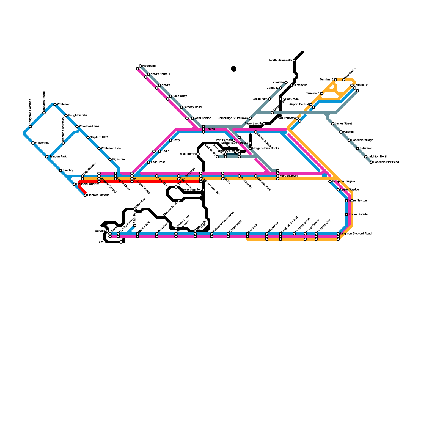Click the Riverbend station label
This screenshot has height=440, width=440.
[149, 66]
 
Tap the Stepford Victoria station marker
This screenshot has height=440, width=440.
[85, 195]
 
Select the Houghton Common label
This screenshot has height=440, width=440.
[30, 108]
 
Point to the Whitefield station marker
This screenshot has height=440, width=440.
[55, 105]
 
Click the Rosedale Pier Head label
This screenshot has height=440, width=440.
[386, 162]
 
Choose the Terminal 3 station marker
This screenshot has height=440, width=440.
[335, 80]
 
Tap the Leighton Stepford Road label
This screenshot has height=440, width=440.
[356, 234]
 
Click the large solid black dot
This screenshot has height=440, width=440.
[234, 69]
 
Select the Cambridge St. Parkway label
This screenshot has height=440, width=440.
[233, 118]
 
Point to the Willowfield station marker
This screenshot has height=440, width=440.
[33, 143]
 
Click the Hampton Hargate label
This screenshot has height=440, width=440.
[343, 182]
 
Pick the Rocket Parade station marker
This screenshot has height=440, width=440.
[346, 215]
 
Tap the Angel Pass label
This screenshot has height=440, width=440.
[158, 162]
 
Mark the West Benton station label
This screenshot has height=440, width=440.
[203, 118]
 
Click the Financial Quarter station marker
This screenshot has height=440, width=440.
[74, 184]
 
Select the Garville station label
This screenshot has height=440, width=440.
[100, 231]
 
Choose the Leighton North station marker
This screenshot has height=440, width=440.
[366, 157]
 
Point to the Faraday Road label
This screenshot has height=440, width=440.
[193, 107]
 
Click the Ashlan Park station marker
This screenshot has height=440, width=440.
[269, 99]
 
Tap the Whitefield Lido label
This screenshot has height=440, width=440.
[111, 148]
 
